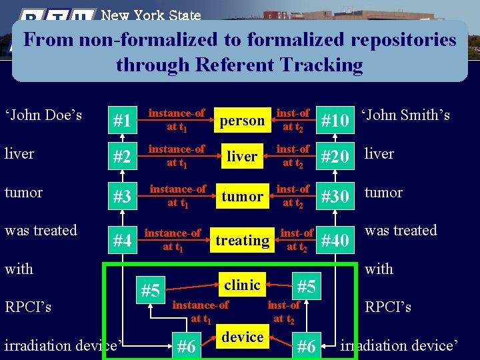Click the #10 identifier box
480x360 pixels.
click(x=335, y=121)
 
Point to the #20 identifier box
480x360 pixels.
click(x=335, y=157)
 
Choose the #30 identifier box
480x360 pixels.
click(x=335, y=197)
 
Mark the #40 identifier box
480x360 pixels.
click(x=335, y=241)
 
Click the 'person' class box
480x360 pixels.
click(x=242, y=121)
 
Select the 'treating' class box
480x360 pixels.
click(x=242, y=240)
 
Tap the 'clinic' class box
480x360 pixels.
click(x=242, y=285)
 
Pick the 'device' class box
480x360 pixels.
click(x=242, y=337)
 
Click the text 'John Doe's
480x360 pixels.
click(x=43, y=115)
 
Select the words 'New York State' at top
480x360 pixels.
click(x=151, y=14)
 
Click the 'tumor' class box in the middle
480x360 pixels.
click(x=242, y=197)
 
